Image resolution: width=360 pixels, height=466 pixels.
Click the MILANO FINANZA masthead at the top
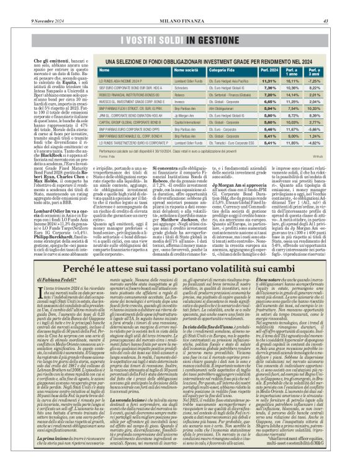(x=179, y=5)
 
